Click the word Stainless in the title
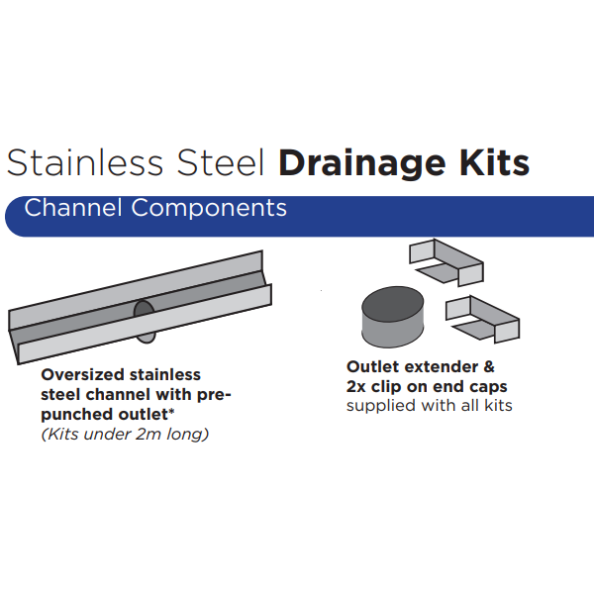click(x=85, y=163)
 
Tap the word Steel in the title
click(x=220, y=163)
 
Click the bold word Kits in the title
click(x=494, y=163)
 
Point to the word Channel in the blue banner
click(x=73, y=208)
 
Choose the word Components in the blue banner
click(x=209, y=209)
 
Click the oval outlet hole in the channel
click(x=145, y=321)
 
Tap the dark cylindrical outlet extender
click(x=392, y=317)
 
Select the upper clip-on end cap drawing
click(x=446, y=262)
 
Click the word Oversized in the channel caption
click(x=82, y=374)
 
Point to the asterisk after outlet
click(x=171, y=411)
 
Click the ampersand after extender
click(x=489, y=366)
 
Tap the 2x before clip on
click(x=355, y=386)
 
